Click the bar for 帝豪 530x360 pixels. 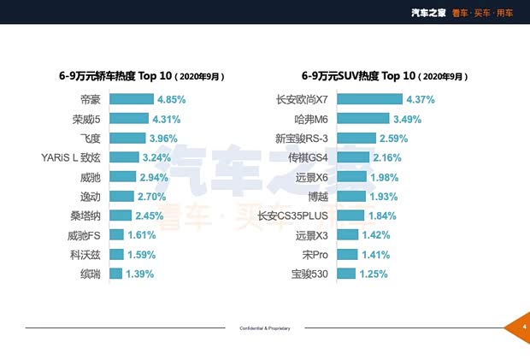pyautogui.click(x=132, y=99)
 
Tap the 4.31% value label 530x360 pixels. pyautogui.click(x=168, y=119)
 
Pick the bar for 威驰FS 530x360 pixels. pyautogui.click(x=116, y=235)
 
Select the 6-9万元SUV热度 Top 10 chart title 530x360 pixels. pyautogui.click(x=385, y=76)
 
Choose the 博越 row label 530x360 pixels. pyautogui.click(x=316, y=197)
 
